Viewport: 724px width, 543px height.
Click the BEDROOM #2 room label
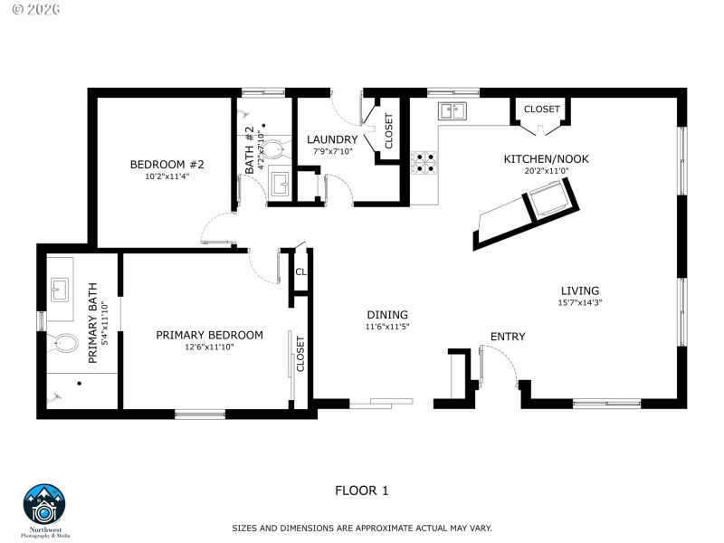[x=167, y=164]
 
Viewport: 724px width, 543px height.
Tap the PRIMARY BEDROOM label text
[x=209, y=335]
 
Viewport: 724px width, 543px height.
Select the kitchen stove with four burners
[x=424, y=162]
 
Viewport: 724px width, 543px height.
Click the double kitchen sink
[x=452, y=110]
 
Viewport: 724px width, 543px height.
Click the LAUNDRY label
[x=332, y=138]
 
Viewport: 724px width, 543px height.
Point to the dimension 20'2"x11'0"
[x=546, y=171]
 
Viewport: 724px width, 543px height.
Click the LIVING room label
[x=579, y=291]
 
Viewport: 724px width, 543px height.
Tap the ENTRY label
[x=508, y=337]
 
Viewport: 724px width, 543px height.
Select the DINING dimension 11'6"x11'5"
[x=387, y=327]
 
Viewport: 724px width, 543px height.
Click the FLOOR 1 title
[x=362, y=491]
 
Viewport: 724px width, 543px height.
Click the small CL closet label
[x=300, y=271]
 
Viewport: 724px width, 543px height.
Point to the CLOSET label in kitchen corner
[x=541, y=109]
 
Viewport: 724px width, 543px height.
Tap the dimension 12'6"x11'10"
[x=209, y=348]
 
